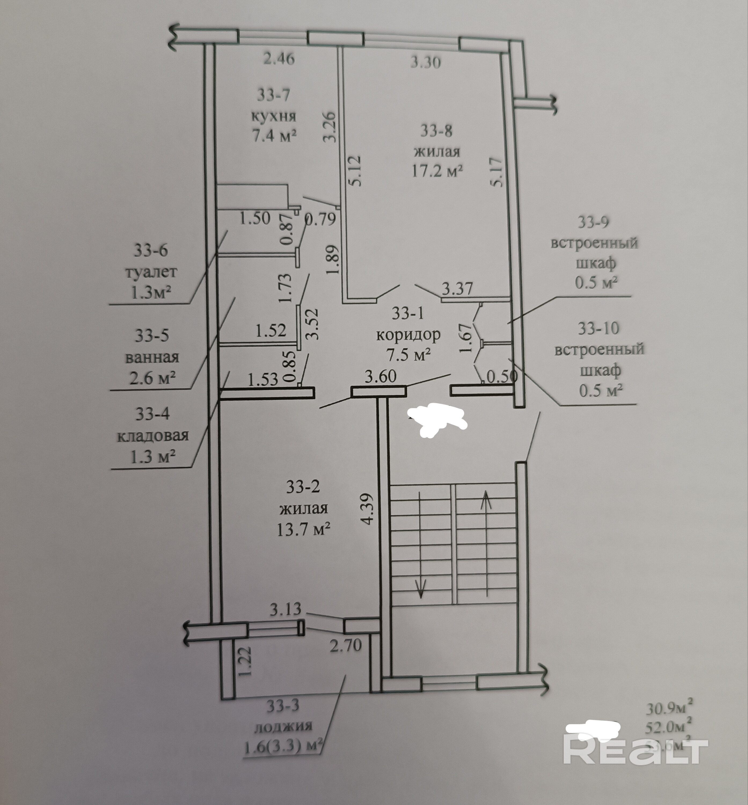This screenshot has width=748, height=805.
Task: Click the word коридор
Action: (408, 334)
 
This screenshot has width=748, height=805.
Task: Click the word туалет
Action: (151, 272)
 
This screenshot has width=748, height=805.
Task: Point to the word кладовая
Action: (153, 436)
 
